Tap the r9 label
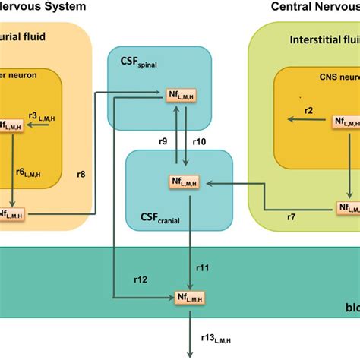click(x=163, y=141)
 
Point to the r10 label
click(x=200, y=141)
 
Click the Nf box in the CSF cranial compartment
click(x=188, y=182)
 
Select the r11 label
click(x=203, y=267)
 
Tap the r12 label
click(x=142, y=279)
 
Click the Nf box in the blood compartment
click(x=188, y=296)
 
